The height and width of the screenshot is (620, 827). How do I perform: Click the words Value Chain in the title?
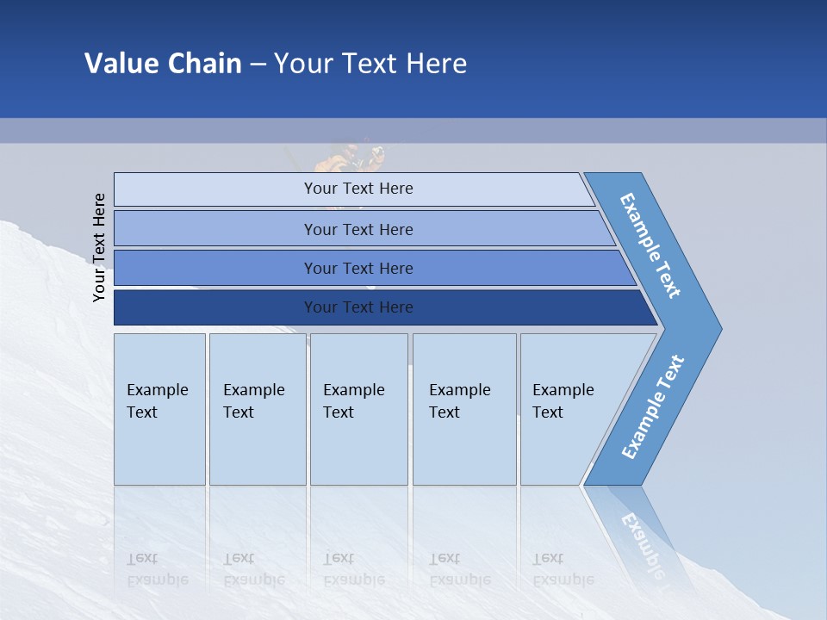[x=163, y=64]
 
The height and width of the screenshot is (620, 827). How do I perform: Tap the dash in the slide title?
[x=258, y=65]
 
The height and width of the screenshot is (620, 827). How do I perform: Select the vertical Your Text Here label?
[x=100, y=247]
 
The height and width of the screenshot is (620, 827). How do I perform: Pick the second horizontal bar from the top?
[x=358, y=229]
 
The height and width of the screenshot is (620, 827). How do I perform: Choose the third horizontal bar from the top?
[x=358, y=268]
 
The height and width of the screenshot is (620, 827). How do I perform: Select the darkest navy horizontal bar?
[x=358, y=307]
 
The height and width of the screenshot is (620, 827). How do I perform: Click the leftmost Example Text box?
[x=159, y=409]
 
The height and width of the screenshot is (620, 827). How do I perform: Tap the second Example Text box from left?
[x=257, y=409]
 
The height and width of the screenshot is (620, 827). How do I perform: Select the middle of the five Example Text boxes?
[x=358, y=409]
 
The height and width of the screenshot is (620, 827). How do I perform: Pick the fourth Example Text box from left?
[x=464, y=409]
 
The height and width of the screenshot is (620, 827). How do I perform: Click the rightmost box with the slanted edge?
[x=569, y=409]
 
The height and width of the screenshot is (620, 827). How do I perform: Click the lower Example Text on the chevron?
[x=653, y=406]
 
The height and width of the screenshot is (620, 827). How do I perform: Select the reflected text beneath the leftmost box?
[x=158, y=569]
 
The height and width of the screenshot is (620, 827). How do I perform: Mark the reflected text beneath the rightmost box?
[x=562, y=569]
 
